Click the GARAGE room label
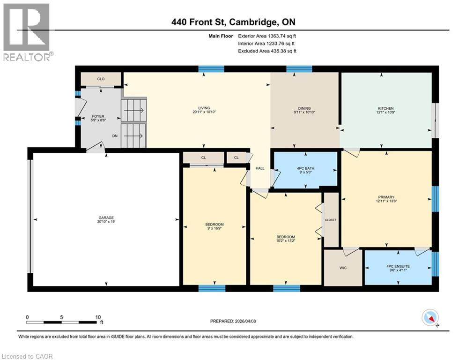click(x=106, y=217)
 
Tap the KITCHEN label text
click(x=386, y=108)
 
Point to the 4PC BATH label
click(x=305, y=168)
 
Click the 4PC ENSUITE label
click(x=398, y=266)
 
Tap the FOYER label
click(x=98, y=116)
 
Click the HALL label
click(x=260, y=168)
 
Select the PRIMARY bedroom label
click(x=386, y=197)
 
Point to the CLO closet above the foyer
click(x=101, y=79)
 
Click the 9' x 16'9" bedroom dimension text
click(x=214, y=228)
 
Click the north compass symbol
click(x=430, y=318)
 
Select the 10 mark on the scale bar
click(x=98, y=317)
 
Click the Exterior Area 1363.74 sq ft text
click(x=267, y=35)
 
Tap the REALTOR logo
click(x=27, y=32)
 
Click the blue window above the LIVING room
click(x=207, y=69)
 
